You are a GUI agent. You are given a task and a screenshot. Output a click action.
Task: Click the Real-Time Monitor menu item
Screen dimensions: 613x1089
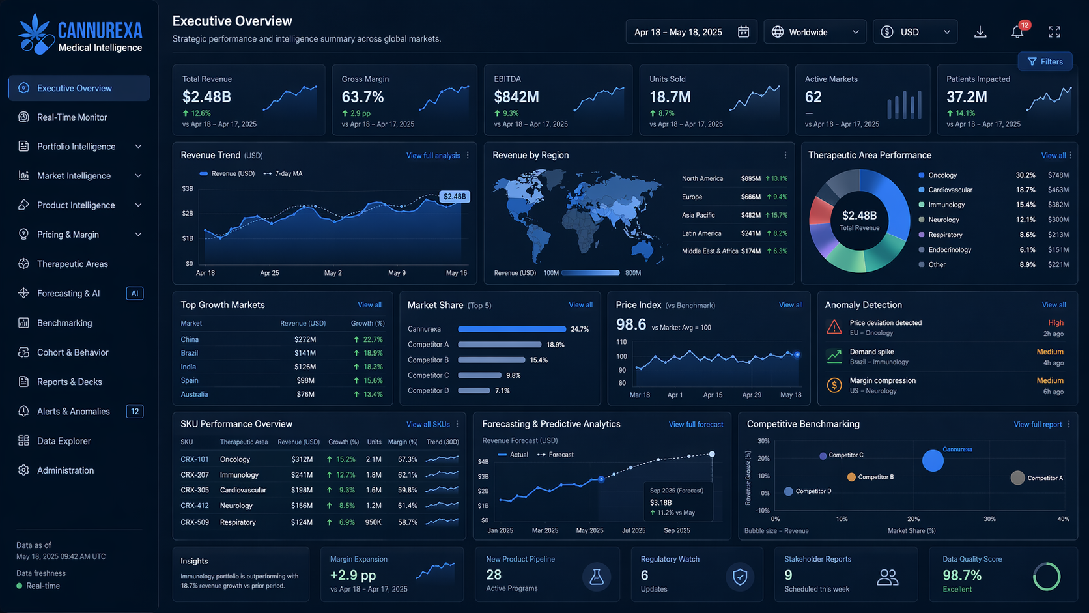pos(72,117)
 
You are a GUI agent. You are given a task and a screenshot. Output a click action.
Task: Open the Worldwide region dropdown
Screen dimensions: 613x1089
pos(815,32)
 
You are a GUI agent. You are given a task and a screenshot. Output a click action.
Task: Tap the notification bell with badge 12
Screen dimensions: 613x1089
pos(1017,31)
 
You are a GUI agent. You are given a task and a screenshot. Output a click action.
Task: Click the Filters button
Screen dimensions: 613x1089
pos(1045,61)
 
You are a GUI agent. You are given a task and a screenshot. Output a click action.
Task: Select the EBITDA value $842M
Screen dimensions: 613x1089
pos(516,97)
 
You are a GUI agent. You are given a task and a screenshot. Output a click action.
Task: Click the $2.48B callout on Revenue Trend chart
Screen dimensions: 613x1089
pos(454,196)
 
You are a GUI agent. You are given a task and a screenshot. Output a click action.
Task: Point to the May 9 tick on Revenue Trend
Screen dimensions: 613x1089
pos(397,273)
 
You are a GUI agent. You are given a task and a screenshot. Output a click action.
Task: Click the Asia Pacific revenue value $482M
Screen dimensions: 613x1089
pos(750,215)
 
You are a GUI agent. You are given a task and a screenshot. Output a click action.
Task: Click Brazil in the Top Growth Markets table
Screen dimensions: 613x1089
pos(190,353)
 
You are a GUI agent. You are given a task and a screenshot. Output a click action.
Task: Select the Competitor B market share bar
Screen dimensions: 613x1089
pos(491,360)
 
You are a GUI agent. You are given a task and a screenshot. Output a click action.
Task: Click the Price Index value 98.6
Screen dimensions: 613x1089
pos(630,324)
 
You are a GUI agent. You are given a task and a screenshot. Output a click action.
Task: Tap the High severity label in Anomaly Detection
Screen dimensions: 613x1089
pos(1055,322)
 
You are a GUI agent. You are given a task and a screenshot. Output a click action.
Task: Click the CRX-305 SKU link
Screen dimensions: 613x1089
pos(195,490)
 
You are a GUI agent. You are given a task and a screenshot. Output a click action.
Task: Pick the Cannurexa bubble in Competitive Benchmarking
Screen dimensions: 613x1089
pos(933,461)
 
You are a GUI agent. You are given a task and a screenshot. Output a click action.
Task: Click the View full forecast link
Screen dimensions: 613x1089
pos(696,424)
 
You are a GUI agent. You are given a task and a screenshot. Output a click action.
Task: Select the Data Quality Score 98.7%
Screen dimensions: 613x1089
pos(961,575)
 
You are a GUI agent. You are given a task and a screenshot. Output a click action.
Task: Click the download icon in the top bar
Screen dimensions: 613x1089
pos(980,32)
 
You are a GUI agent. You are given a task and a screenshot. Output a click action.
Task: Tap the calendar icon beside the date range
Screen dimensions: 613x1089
pos(743,32)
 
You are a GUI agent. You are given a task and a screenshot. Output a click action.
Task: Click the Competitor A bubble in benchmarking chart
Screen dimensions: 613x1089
pos(1017,478)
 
